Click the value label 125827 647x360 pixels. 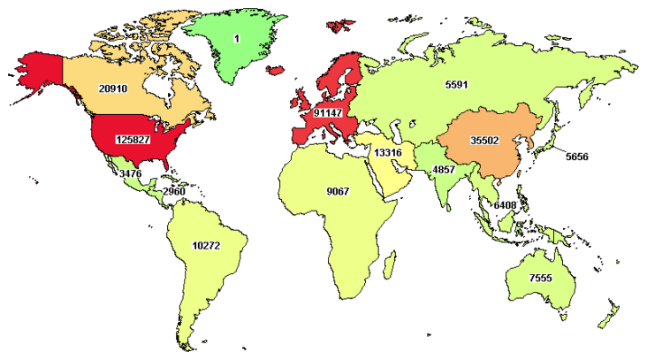(x=132, y=140)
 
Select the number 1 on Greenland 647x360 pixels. (x=236, y=39)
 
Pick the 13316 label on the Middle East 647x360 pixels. (x=388, y=153)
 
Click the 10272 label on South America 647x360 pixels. (x=206, y=245)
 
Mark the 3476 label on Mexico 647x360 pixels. (x=130, y=174)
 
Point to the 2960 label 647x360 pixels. (x=173, y=191)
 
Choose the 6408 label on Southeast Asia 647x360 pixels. (x=505, y=204)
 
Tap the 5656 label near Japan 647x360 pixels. (x=576, y=157)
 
